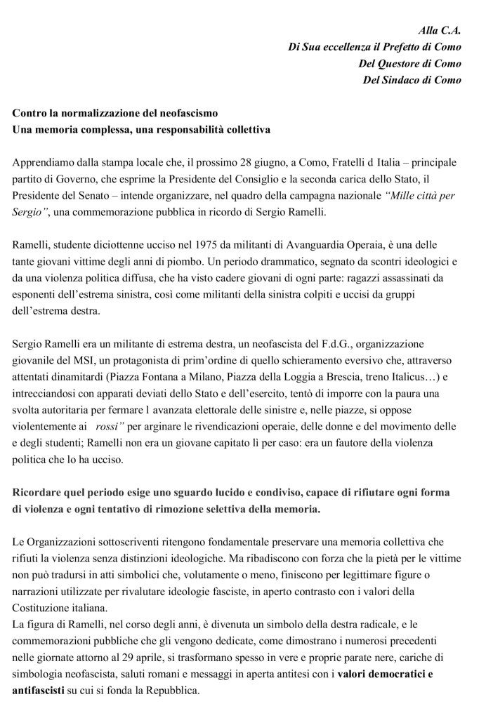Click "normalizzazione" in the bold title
(96, 113)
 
